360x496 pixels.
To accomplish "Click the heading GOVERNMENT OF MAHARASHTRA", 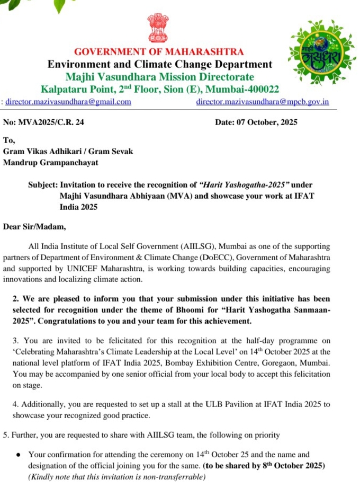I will (x=159, y=52).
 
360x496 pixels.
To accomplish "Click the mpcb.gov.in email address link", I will (x=263, y=101).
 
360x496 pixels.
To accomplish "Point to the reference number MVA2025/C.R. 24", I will (x=43, y=122).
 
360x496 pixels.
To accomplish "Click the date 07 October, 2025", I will (x=256, y=122).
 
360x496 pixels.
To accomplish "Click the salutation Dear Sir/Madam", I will (x=35, y=227).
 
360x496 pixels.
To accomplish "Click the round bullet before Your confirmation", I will (x=19, y=455).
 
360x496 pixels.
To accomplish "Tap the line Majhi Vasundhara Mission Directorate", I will (x=159, y=77).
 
